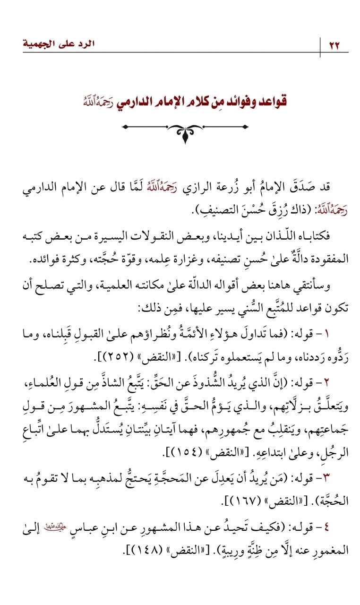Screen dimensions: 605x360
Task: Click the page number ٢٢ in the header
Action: click(334, 45)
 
